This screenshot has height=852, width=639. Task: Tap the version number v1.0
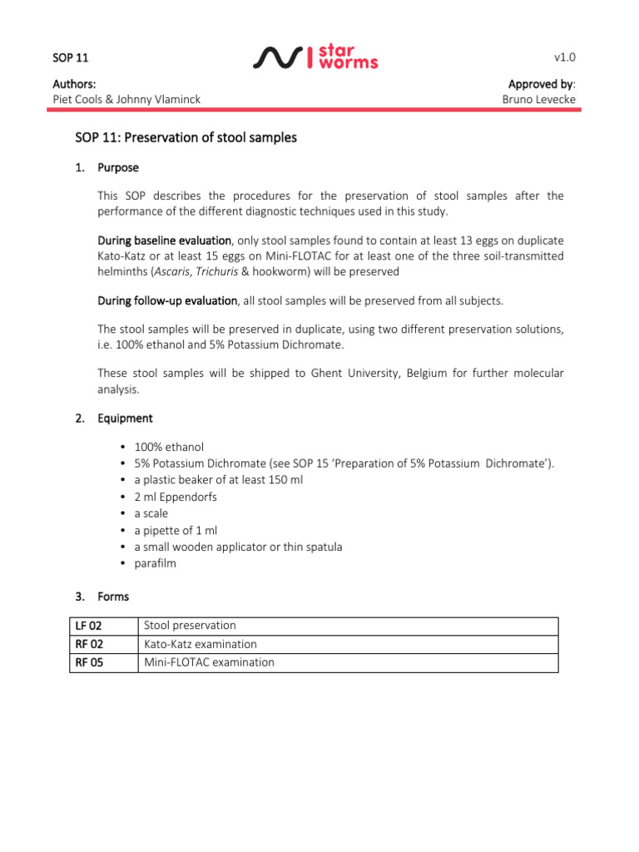pos(565,57)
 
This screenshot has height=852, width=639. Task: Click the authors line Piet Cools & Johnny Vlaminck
pos(126,100)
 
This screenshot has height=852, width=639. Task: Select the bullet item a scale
pos(151,513)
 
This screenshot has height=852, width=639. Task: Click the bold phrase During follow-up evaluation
pos(167,300)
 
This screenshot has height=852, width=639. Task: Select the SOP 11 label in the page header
pos(70,57)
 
